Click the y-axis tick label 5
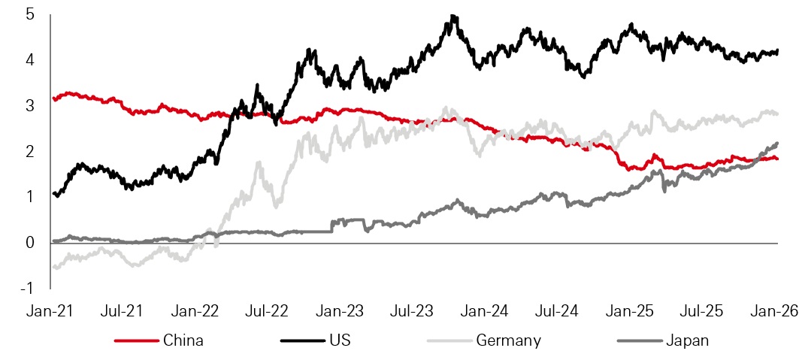(x=29, y=14)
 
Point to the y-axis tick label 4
(x=29, y=59)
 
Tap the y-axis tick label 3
(x=29, y=105)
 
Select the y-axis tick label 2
(x=29, y=151)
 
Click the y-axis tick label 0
(x=29, y=243)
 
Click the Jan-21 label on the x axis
(x=52, y=310)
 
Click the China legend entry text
(x=183, y=340)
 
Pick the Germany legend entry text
(x=508, y=340)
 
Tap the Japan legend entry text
(x=687, y=340)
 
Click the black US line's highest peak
(x=452, y=16)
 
